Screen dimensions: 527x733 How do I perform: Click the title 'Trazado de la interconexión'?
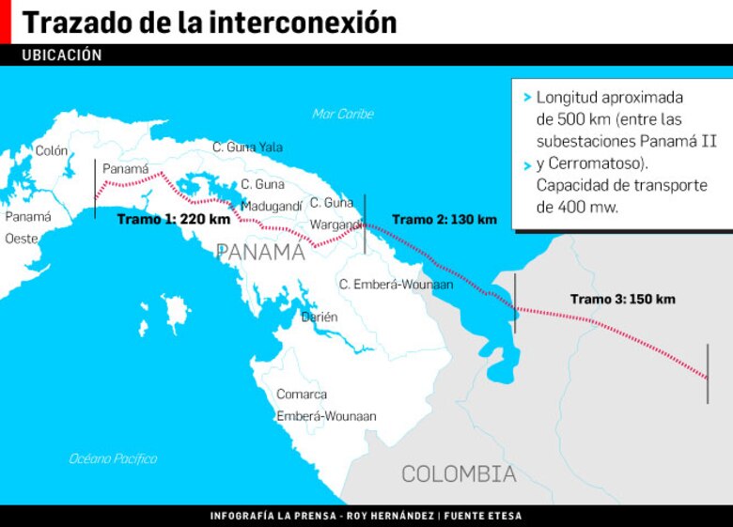[209, 23]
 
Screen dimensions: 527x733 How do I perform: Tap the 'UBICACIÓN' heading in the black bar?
[61, 55]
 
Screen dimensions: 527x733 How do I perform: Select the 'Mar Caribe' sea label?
[343, 114]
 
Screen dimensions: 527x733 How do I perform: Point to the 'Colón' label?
[52, 150]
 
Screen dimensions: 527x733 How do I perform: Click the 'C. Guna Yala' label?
[247, 147]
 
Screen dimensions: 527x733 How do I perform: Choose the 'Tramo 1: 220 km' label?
[173, 219]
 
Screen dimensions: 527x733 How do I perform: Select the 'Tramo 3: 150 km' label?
[622, 299]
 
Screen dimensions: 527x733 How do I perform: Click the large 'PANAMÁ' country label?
[260, 252]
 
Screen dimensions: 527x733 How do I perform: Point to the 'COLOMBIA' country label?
[459, 474]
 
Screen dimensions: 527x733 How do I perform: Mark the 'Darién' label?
[320, 318]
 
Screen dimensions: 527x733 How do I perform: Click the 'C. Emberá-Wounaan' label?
[396, 284]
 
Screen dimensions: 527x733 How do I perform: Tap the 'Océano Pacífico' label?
[113, 458]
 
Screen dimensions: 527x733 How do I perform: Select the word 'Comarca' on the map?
[302, 395]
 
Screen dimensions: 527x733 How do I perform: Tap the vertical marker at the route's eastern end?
[708, 374]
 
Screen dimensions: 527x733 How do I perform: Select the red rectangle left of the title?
[5, 22]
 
